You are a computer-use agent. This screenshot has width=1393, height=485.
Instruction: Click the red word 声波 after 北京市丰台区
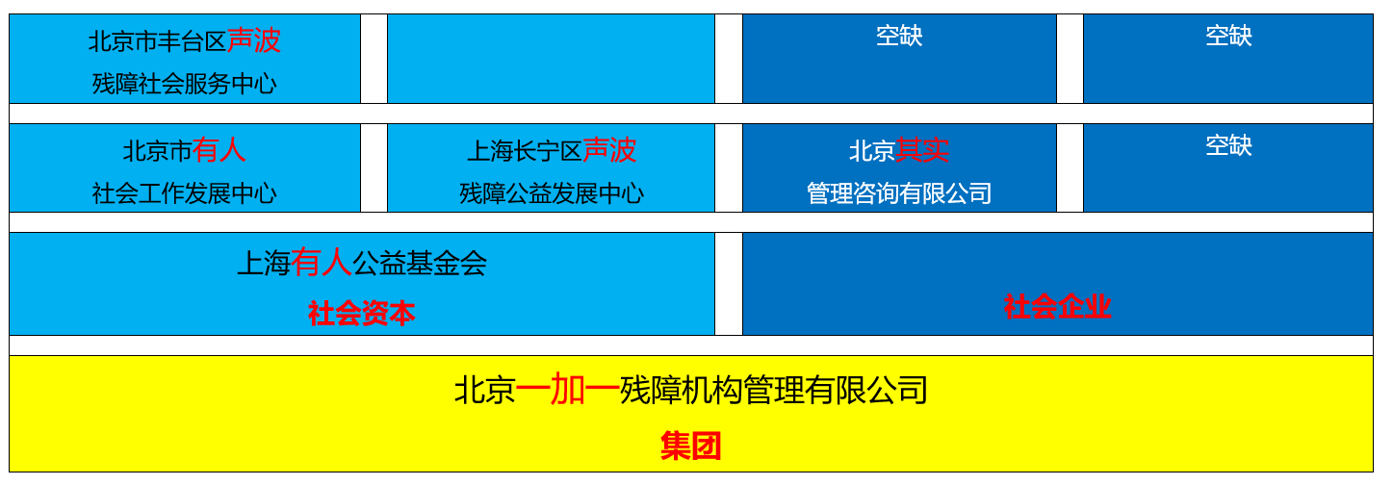coord(254,41)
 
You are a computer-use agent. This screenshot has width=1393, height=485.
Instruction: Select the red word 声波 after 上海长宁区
coord(609,150)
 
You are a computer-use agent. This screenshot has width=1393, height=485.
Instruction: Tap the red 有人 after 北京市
coord(219,150)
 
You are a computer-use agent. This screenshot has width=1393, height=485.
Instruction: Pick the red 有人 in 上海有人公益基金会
coord(322,263)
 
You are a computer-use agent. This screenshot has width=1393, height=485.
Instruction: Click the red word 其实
coord(922,150)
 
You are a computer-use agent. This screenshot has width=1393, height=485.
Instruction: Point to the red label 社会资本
coord(362,314)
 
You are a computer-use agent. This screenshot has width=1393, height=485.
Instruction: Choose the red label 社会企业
coord(1057,307)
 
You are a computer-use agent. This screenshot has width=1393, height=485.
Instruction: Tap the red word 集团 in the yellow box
coord(691,446)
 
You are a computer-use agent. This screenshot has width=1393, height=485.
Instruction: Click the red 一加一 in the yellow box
coord(567,391)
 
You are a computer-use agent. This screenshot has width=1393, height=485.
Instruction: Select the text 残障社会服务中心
coord(185,84)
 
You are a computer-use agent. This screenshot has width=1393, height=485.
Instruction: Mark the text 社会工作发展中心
coord(185,193)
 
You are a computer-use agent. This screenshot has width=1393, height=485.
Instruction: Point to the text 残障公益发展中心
coord(552,193)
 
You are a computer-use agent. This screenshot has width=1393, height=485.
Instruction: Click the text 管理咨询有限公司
coord(899,193)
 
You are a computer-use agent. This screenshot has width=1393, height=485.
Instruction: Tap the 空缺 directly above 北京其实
coord(899,36)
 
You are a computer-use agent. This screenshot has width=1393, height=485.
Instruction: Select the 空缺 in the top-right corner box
coord(1228,36)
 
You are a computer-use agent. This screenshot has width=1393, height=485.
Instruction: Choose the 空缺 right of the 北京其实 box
coord(1228,145)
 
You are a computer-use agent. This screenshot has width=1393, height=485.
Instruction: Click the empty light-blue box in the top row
coord(551,59)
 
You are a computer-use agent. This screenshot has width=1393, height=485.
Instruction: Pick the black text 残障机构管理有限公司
coord(774,391)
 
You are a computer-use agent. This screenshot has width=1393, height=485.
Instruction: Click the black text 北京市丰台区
coord(157,41)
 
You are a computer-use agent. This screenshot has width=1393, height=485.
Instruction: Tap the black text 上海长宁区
coord(525,150)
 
